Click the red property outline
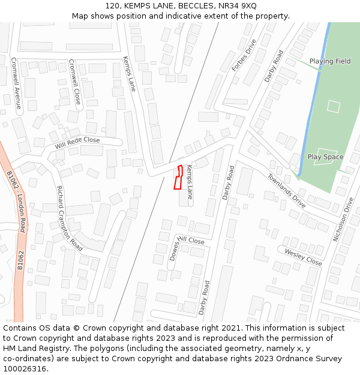[178, 178]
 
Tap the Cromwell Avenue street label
[17, 83]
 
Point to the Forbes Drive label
[244, 56]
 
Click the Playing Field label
[330, 61]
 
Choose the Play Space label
[325, 157]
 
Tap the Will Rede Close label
[77, 143]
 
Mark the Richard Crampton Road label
[69, 218]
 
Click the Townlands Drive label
[286, 190]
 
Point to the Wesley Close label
[303, 257]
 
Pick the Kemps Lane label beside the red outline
[190, 182]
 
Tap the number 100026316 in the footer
[24, 369]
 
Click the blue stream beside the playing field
[317, 90]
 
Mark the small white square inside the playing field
[334, 106]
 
